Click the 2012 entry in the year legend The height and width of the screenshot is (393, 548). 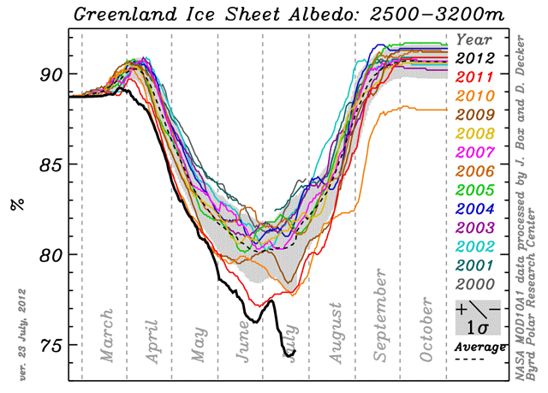475,58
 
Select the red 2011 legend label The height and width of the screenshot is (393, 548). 475,77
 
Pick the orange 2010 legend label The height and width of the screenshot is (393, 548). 475,96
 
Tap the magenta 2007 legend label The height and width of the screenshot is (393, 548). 475,152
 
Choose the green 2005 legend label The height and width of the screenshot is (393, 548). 475,190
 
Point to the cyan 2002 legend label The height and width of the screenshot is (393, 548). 475,247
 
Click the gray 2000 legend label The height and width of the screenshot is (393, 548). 475,285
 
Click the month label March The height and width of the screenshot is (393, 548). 107,336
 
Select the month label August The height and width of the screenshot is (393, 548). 336,333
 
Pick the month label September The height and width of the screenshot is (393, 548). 380,315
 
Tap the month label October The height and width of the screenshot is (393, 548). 426,330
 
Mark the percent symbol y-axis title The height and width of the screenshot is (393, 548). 17,205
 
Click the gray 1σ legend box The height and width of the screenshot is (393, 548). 478,318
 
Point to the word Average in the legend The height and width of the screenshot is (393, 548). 479,347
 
